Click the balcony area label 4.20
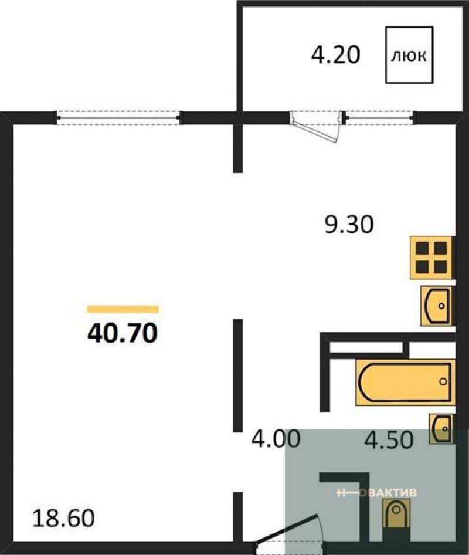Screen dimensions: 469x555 click(335, 56)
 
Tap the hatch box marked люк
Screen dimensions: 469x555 click(409, 55)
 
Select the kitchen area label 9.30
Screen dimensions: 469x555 click(349, 225)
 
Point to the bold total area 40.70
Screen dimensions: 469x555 click(122, 333)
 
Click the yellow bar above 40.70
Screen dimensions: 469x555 click(123, 310)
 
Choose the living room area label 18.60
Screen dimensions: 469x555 click(64, 518)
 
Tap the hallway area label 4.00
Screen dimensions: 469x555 click(276, 438)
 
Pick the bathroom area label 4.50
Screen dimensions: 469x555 click(389, 440)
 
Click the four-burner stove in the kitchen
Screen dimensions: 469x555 click(431, 258)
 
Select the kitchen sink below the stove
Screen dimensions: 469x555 click(436, 306)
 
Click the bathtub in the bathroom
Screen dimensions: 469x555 click(405, 382)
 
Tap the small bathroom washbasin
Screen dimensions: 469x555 click(441, 428)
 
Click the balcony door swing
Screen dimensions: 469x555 click(315, 127)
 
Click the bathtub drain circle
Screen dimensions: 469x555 click(443, 381)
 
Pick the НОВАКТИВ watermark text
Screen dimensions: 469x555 click(376, 492)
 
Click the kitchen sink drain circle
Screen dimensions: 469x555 click(441, 306)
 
